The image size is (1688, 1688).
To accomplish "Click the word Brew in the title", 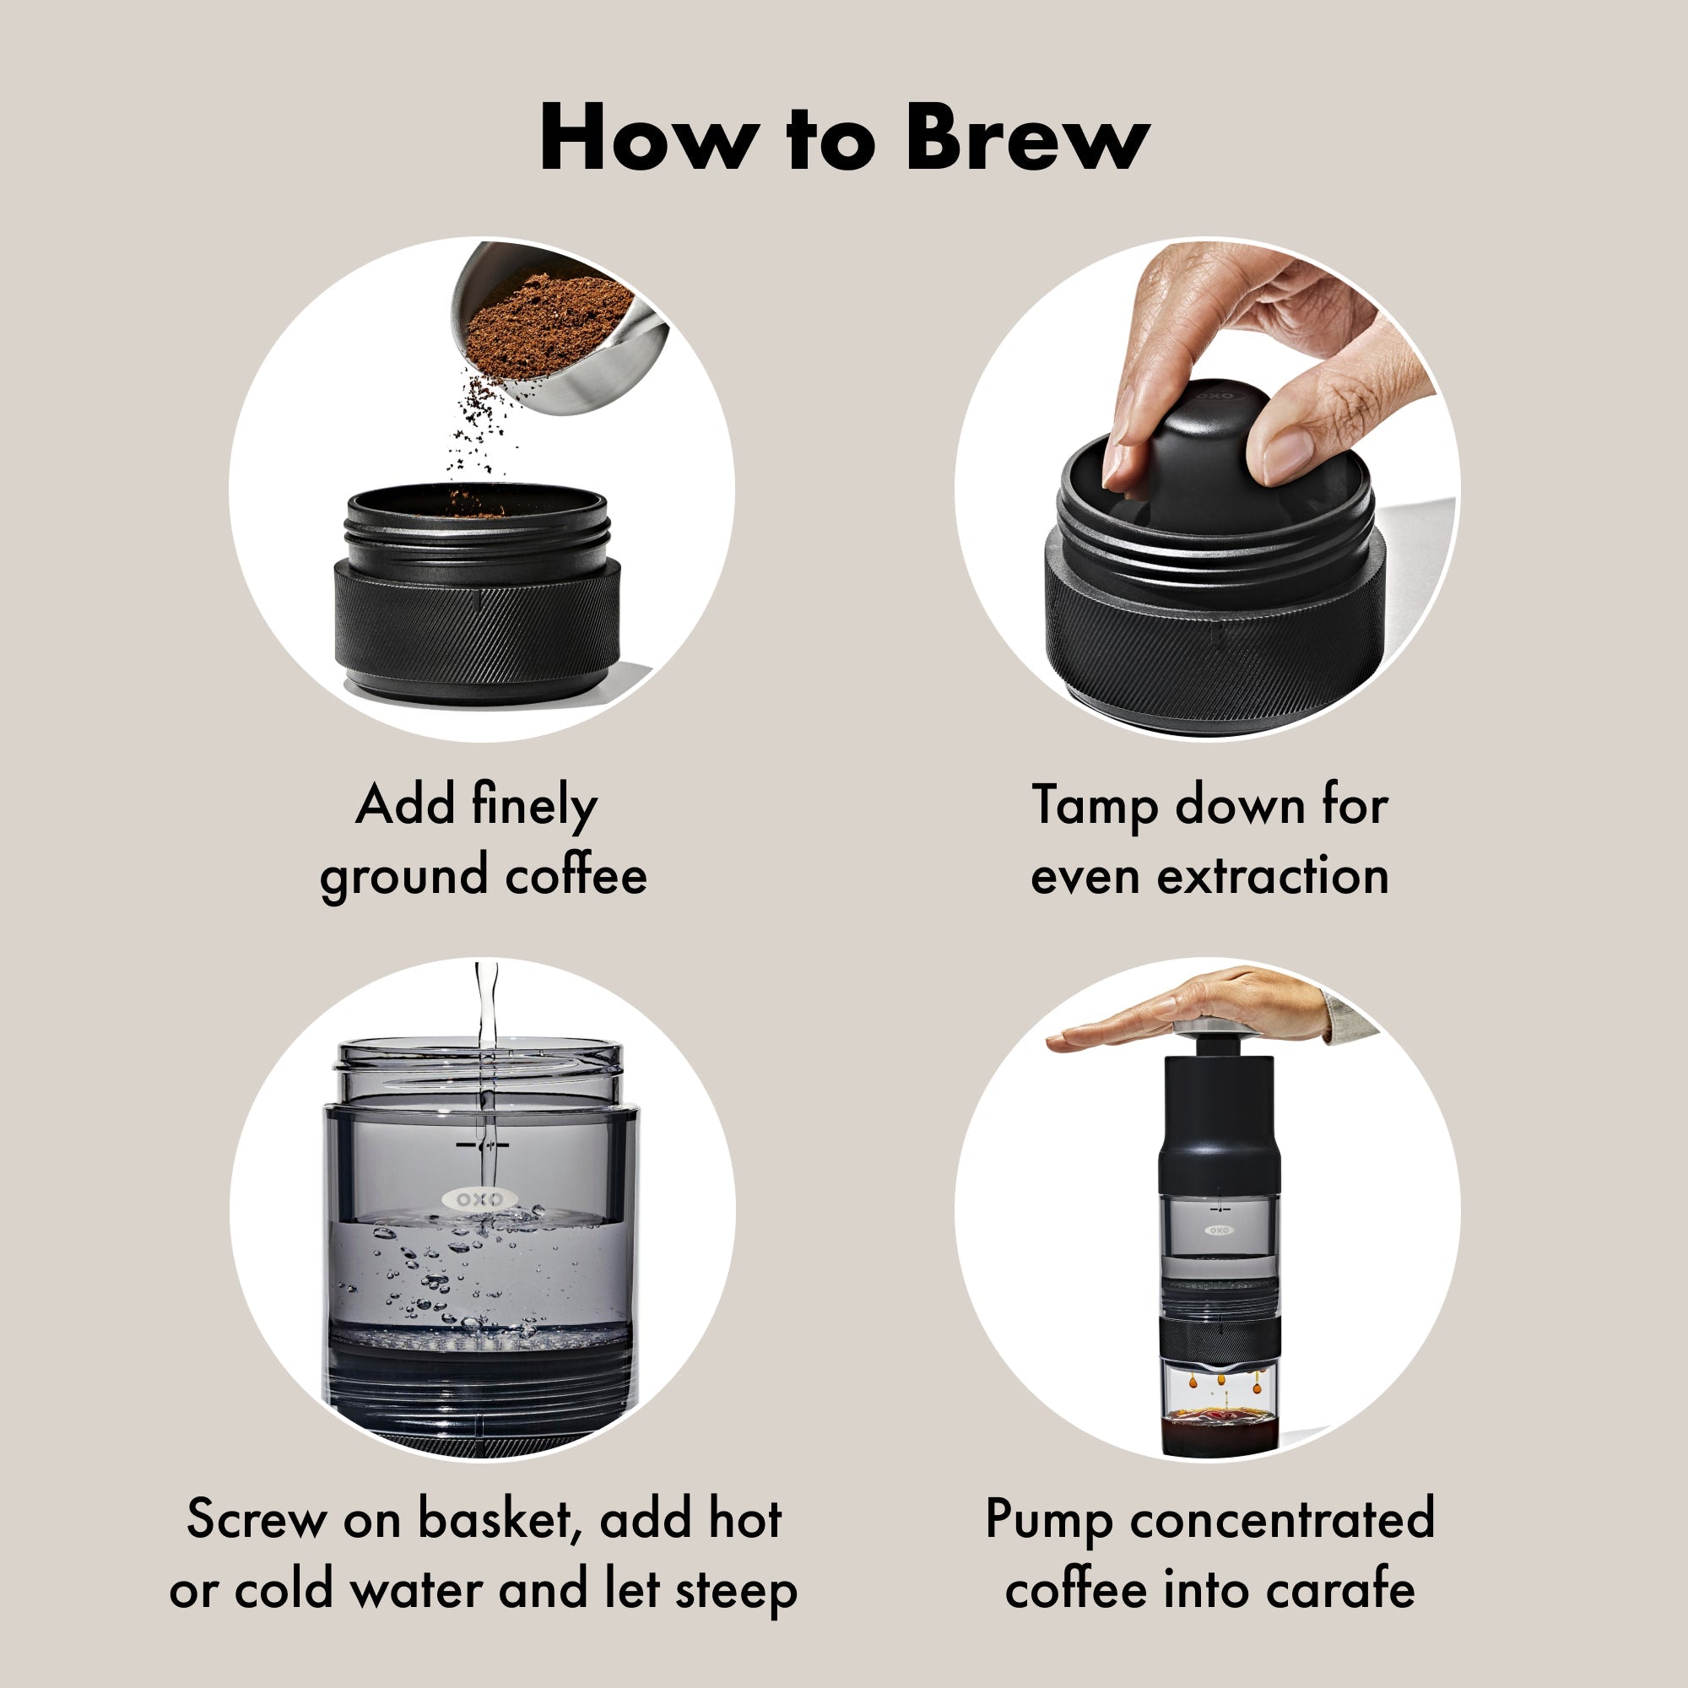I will coord(1027,138).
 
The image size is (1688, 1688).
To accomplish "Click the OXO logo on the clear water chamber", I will coord(479,1198).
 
